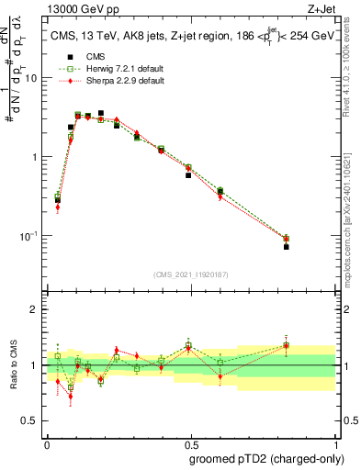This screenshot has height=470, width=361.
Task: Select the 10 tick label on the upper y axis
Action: pyautogui.click(x=31, y=78)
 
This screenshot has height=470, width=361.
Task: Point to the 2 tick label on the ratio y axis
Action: pyautogui.click(x=36, y=309)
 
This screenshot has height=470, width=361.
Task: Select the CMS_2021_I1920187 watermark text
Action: pyautogui.click(x=192, y=274)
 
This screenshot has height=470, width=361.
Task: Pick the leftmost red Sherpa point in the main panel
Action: pyautogui.click(x=57, y=207)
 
